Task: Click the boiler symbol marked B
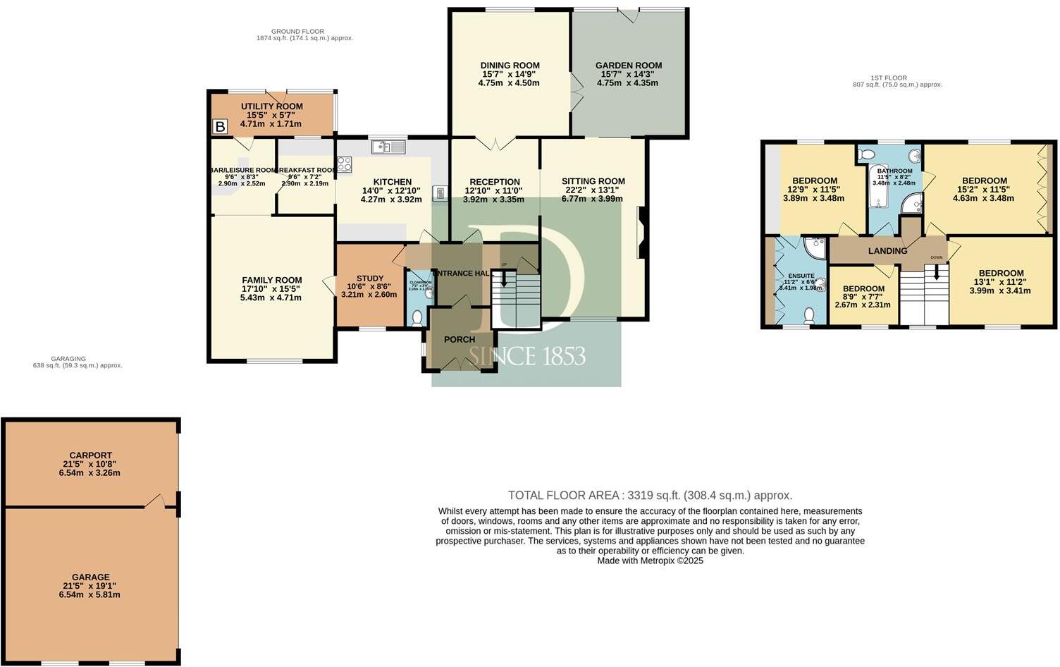click(x=220, y=127)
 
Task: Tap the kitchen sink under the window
click(x=388, y=147)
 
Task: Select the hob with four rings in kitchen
click(x=345, y=164)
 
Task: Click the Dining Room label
click(x=510, y=66)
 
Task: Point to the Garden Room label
click(x=629, y=66)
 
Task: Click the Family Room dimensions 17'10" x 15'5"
click(x=272, y=289)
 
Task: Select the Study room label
click(x=370, y=279)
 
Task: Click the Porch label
click(x=460, y=339)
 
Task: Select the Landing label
click(x=887, y=251)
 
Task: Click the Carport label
click(x=90, y=455)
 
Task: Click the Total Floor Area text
click(x=650, y=495)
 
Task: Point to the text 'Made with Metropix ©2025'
click(x=650, y=561)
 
